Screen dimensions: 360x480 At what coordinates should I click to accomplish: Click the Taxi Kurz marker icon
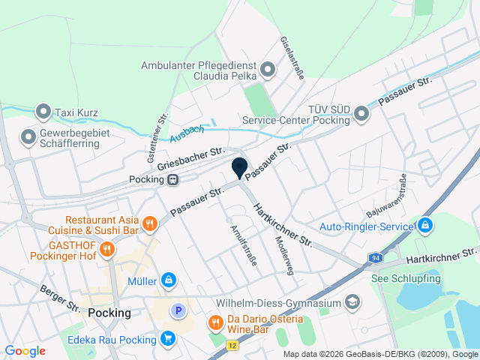[43, 112]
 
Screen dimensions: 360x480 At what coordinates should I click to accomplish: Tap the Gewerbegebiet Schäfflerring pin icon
[28, 137]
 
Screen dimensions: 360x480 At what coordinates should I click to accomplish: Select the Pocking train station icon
[173, 179]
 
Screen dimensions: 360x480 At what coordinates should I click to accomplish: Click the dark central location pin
[240, 169]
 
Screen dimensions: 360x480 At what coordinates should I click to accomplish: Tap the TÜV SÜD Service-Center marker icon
[362, 114]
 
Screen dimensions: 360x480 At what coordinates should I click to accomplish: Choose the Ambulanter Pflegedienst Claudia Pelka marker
[268, 70]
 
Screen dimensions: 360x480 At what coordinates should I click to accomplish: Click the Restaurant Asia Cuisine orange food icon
[150, 223]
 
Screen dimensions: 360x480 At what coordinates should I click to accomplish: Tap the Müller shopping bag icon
[169, 281]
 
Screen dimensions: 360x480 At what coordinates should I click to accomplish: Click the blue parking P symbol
[178, 310]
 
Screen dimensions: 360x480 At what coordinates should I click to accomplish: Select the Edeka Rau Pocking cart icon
[167, 338]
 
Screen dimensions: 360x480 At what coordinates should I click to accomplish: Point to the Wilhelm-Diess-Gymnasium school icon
[352, 303]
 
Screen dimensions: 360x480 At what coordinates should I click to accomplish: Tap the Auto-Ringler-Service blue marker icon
[425, 225]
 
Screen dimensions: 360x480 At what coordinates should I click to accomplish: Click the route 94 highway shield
[374, 258]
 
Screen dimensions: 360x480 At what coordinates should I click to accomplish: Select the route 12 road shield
[233, 346]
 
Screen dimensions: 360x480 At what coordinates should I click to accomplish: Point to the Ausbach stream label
[187, 134]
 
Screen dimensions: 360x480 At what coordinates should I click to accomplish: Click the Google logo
[25, 351]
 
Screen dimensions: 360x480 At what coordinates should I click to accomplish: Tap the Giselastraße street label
[291, 58]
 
